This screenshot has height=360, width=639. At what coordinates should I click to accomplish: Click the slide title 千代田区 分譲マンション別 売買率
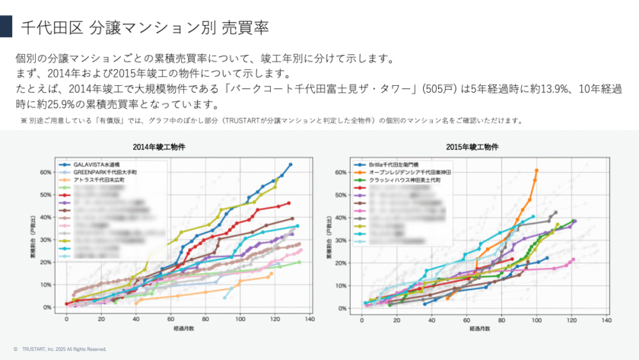[x=145, y=28]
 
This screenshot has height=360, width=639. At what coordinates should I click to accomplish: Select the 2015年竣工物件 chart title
[x=472, y=145]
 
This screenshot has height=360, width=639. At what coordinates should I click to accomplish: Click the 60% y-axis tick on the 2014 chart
[x=45, y=172]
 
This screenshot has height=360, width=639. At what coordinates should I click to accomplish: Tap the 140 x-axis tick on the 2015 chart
[x=606, y=320]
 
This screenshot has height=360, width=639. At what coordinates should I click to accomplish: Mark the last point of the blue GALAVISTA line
[x=291, y=164]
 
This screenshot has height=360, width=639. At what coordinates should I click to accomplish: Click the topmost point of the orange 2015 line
[x=537, y=170]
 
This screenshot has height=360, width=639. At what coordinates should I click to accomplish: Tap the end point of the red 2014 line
[x=289, y=203]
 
